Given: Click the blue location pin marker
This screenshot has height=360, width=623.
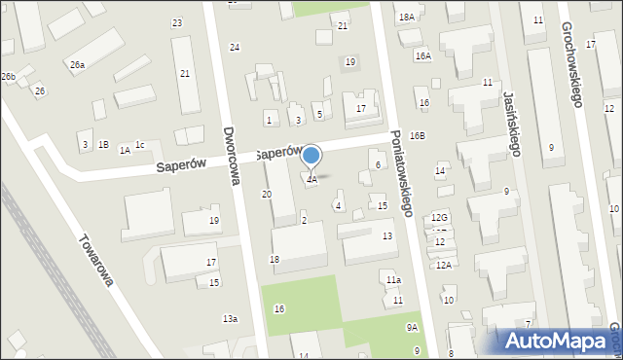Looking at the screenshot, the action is pyautogui.click(x=311, y=157).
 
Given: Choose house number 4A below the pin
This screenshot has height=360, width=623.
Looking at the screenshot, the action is pyautogui.click(x=311, y=180).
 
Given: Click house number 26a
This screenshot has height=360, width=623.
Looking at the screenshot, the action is pyautogui.click(x=77, y=65).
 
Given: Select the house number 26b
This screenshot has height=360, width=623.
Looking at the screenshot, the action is pyautogui.click(x=8, y=76).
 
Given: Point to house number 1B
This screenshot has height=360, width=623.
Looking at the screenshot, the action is pyautogui.click(x=103, y=145).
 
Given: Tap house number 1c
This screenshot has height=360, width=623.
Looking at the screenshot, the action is pyautogui.click(x=140, y=145).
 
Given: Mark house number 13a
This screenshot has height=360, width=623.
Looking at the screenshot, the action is pyautogui.click(x=230, y=319).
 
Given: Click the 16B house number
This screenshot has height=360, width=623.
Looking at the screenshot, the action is pyautogui.click(x=417, y=136).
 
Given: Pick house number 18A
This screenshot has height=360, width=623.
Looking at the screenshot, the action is pyautogui.click(x=406, y=18).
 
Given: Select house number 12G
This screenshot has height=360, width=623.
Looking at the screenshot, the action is pyautogui.click(x=440, y=218).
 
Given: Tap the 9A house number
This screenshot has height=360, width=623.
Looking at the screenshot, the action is pyautogui.click(x=413, y=328).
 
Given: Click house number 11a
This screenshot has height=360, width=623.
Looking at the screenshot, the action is pyautogui.click(x=393, y=280).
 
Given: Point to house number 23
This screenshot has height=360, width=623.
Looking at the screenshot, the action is pyautogui.click(x=176, y=22).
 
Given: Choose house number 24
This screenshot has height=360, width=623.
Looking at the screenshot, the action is pyautogui.click(x=235, y=47).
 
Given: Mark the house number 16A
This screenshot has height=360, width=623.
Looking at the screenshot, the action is pyautogui.click(x=422, y=56).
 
